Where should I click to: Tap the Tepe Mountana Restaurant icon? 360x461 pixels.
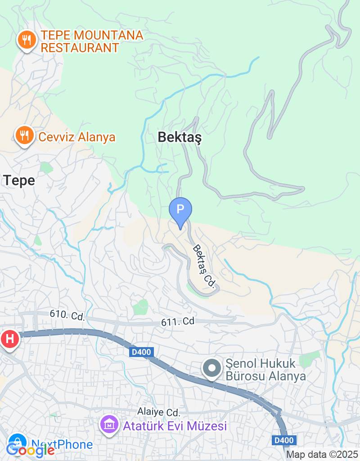[27, 41]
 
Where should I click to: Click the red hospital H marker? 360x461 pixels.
[9, 338]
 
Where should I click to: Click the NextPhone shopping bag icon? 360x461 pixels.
[17, 442]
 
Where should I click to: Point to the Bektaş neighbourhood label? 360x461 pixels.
[180, 138]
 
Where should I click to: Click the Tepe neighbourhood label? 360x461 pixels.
[19, 181]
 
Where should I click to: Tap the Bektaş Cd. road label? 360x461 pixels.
[204, 267]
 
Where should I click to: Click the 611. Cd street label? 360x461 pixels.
[178, 322]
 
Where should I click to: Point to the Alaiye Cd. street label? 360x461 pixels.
[159, 412]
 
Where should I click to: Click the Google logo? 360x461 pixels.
[30, 449]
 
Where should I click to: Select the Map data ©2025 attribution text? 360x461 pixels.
[322, 455]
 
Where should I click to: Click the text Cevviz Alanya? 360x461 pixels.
[77, 137]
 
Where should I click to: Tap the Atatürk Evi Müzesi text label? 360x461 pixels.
[175, 425]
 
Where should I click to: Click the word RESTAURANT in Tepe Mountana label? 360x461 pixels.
[80, 47]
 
